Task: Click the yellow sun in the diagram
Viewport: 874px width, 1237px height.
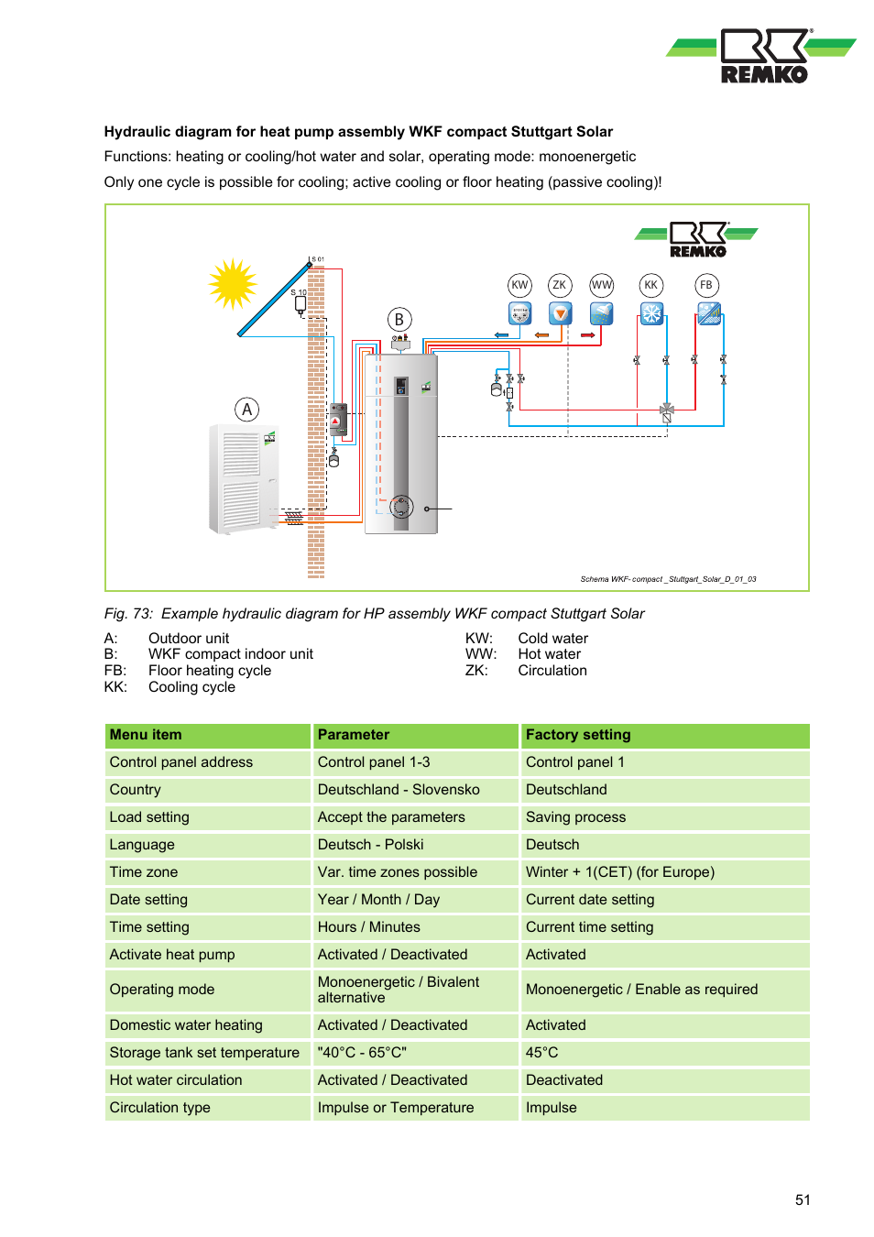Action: (233, 283)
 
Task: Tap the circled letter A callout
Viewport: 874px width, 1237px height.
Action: (246, 410)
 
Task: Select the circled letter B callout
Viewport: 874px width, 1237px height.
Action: (399, 320)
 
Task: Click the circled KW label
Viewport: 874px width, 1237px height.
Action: (519, 285)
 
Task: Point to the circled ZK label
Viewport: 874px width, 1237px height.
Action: (559, 285)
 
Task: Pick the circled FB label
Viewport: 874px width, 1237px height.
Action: (706, 285)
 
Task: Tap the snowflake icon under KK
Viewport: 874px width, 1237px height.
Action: (651, 314)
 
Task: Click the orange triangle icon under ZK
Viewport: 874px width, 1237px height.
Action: (560, 314)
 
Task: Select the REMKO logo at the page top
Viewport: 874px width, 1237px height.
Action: (762, 57)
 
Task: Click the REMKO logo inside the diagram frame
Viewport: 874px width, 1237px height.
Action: (697, 239)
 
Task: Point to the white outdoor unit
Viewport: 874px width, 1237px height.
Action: (243, 477)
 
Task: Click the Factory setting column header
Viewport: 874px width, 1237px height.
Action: (578, 735)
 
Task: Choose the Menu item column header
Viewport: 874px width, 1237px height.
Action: (146, 735)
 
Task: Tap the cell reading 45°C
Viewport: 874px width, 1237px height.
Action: (542, 1053)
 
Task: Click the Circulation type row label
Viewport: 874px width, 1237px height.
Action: (160, 1108)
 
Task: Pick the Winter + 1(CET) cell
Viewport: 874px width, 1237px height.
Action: (619, 872)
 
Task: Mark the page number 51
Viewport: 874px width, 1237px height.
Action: (803, 1200)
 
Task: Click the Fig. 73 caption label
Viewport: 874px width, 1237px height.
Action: (128, 614)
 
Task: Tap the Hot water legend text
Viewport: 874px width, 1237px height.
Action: (549, 654)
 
